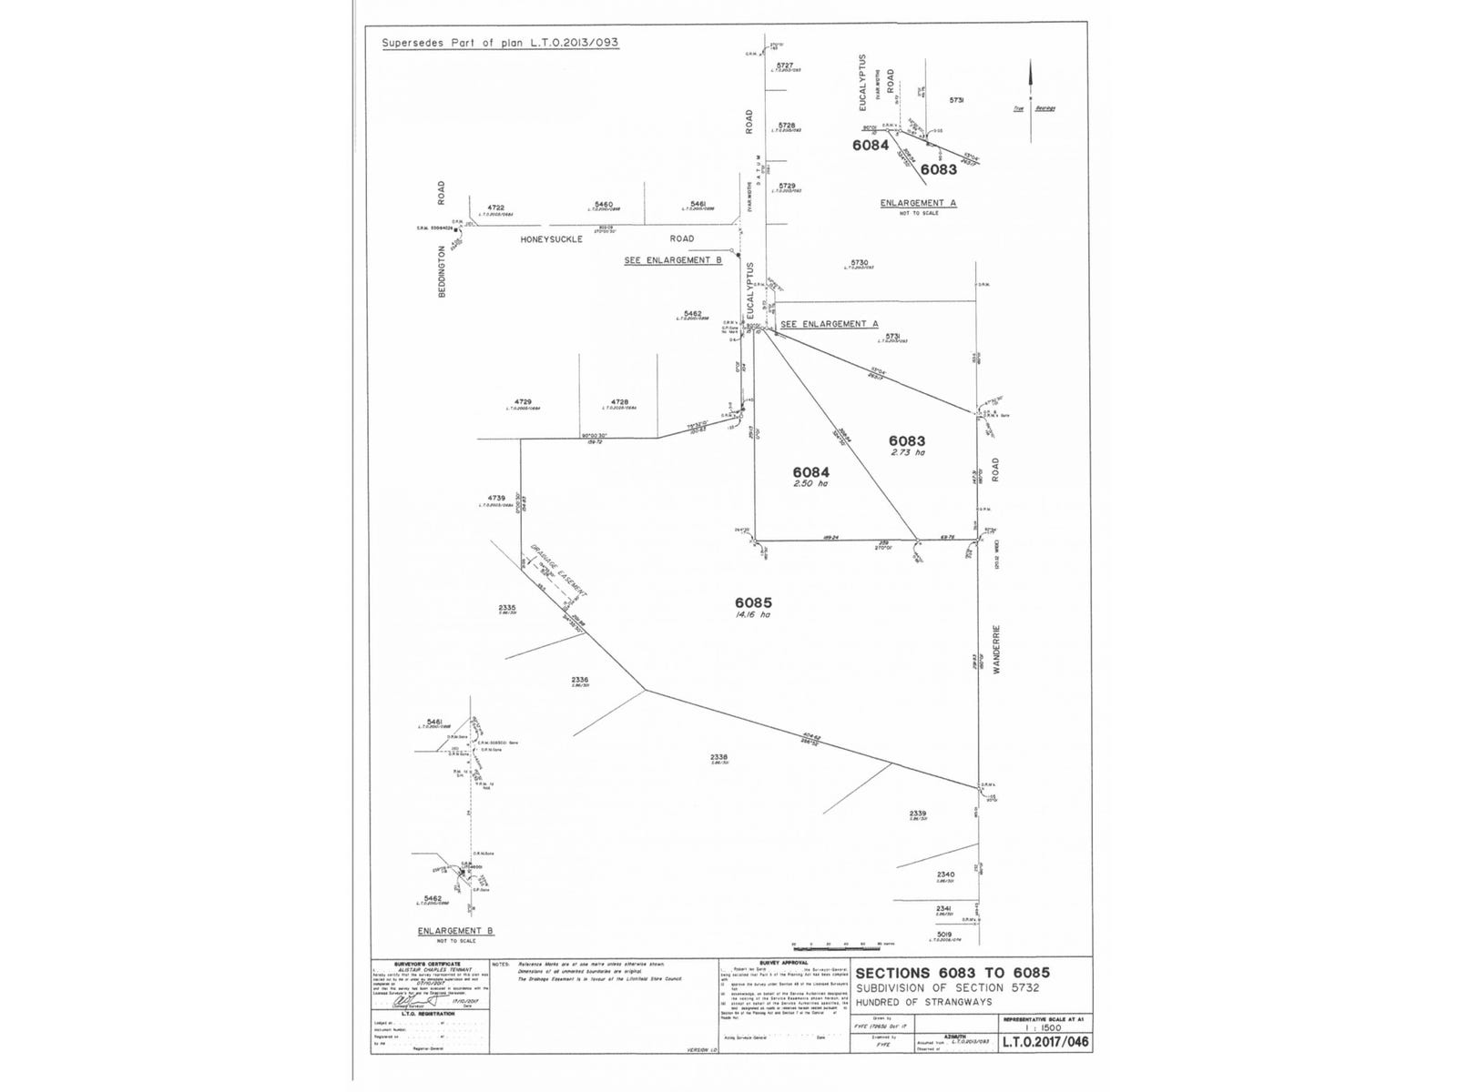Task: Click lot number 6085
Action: coord(753,602)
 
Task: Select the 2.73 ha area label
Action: coord(907,452)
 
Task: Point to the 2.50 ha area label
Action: coord(810,483)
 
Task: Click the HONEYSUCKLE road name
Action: coord(551,239)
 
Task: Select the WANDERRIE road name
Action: coord(997,648)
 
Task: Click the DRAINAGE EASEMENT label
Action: coord(559,571)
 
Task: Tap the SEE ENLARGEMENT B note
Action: coord(672,260)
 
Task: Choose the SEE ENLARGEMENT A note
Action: coord(829,324)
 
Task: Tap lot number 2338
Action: coord(719,757)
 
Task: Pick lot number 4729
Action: coord(522,401)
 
